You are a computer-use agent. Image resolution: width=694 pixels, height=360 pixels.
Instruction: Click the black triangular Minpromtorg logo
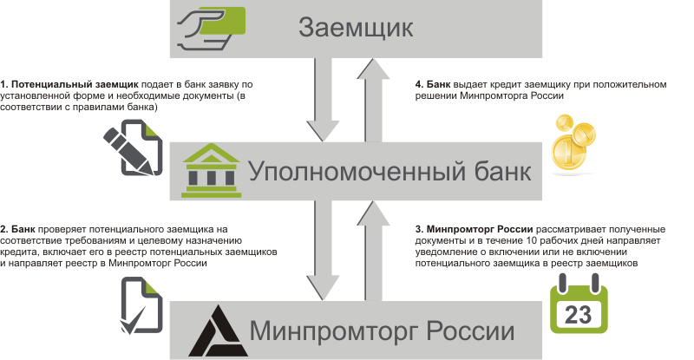tap(211, 329)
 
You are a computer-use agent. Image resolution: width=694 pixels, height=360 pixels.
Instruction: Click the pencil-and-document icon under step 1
tap(133, 148)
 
